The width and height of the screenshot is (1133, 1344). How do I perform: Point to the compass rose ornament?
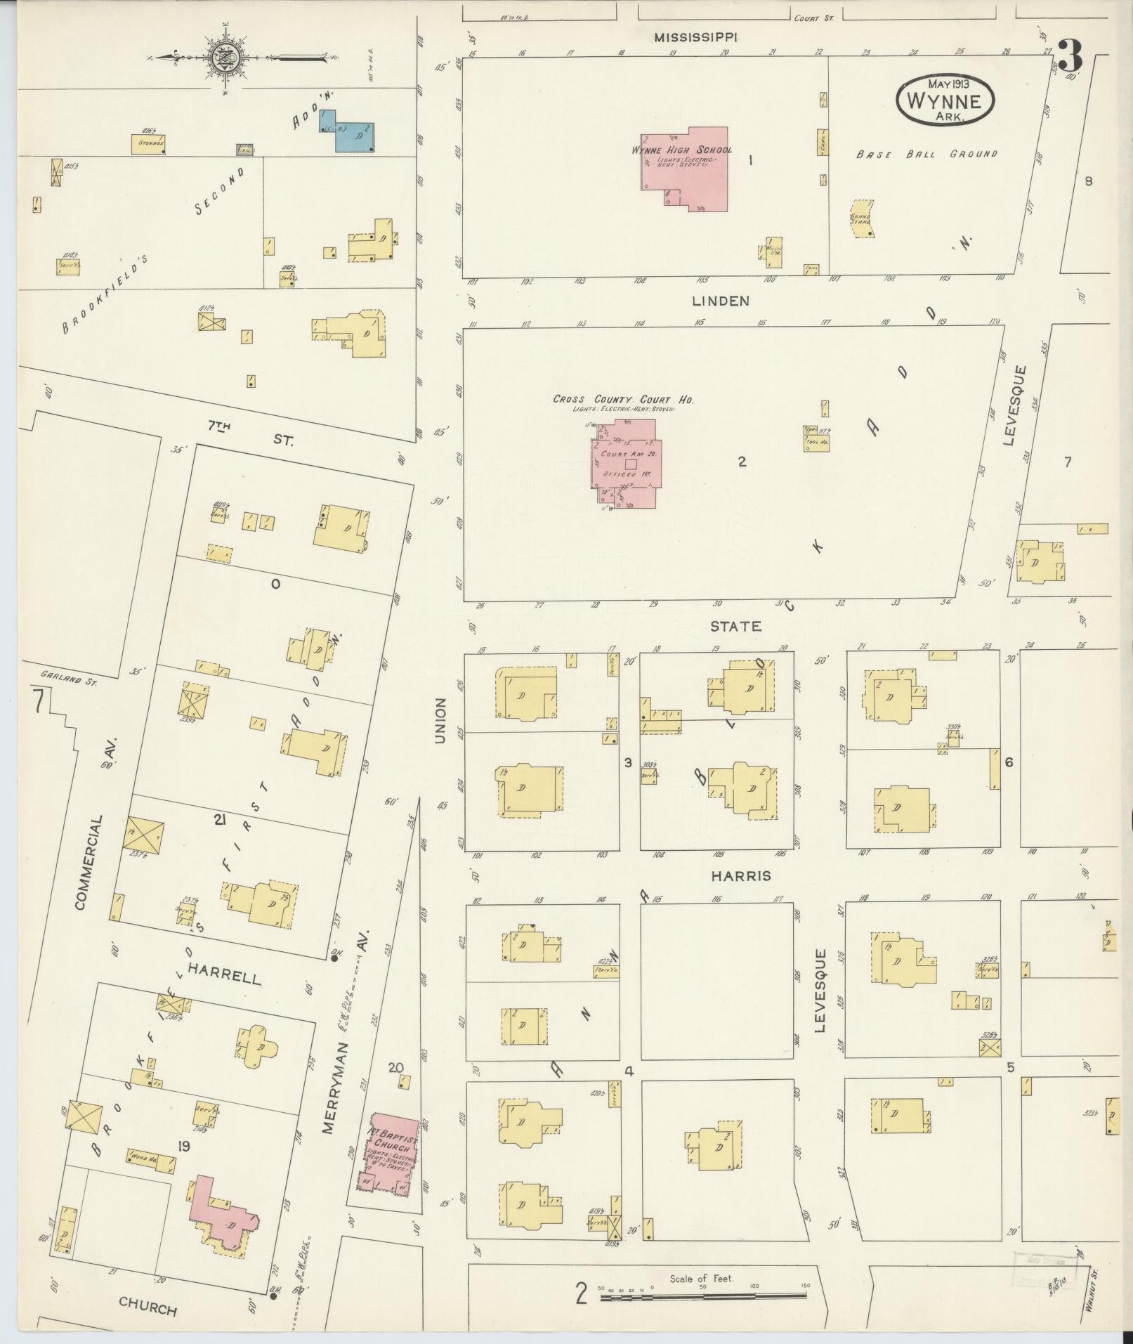pos(228,57)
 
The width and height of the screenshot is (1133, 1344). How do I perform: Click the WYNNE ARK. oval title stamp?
pos(945,100)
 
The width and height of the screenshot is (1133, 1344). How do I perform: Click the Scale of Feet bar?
pos(702,1293)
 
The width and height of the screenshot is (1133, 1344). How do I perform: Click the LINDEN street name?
pos(721,301)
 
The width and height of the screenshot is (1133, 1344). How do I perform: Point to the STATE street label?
pos(735,626)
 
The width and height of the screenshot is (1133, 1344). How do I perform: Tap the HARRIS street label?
pos(740,875)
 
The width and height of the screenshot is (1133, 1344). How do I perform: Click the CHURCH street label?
pos(148,1307)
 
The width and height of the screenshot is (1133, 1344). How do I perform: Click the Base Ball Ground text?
pos(926,153)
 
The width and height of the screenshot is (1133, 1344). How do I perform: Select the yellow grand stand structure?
pos(860,218)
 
